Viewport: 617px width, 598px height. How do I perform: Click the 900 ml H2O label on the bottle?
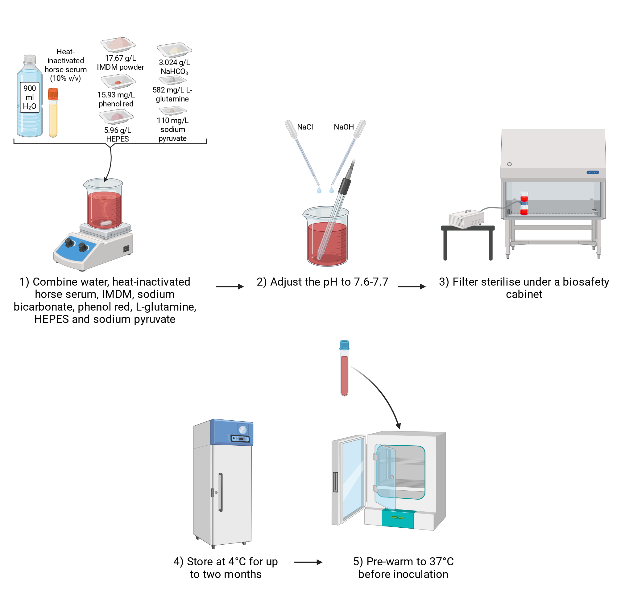(30, 97)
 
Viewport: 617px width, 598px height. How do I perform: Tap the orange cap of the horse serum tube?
(53, 94)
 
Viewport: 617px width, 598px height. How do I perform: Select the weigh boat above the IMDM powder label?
(118, 45)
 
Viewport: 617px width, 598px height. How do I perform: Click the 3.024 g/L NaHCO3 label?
(174, 67)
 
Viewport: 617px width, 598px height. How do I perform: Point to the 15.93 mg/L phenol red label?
(116, 99)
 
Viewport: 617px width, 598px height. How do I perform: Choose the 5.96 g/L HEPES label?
(118, 134)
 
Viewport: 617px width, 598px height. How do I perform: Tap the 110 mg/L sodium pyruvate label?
(172, 129)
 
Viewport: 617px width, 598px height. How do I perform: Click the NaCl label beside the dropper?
(305, 127)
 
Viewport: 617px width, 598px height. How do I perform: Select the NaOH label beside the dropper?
(344, 127)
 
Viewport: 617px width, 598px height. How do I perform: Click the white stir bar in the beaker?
(106, 223)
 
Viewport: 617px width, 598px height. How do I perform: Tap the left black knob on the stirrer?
(69, 243)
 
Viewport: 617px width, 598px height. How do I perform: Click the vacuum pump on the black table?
(466, 218)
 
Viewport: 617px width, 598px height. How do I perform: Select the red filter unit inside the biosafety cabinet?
(524, 203)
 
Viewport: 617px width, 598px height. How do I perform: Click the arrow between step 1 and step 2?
(230, 287)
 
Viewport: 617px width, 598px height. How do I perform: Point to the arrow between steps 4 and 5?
(308, 562)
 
